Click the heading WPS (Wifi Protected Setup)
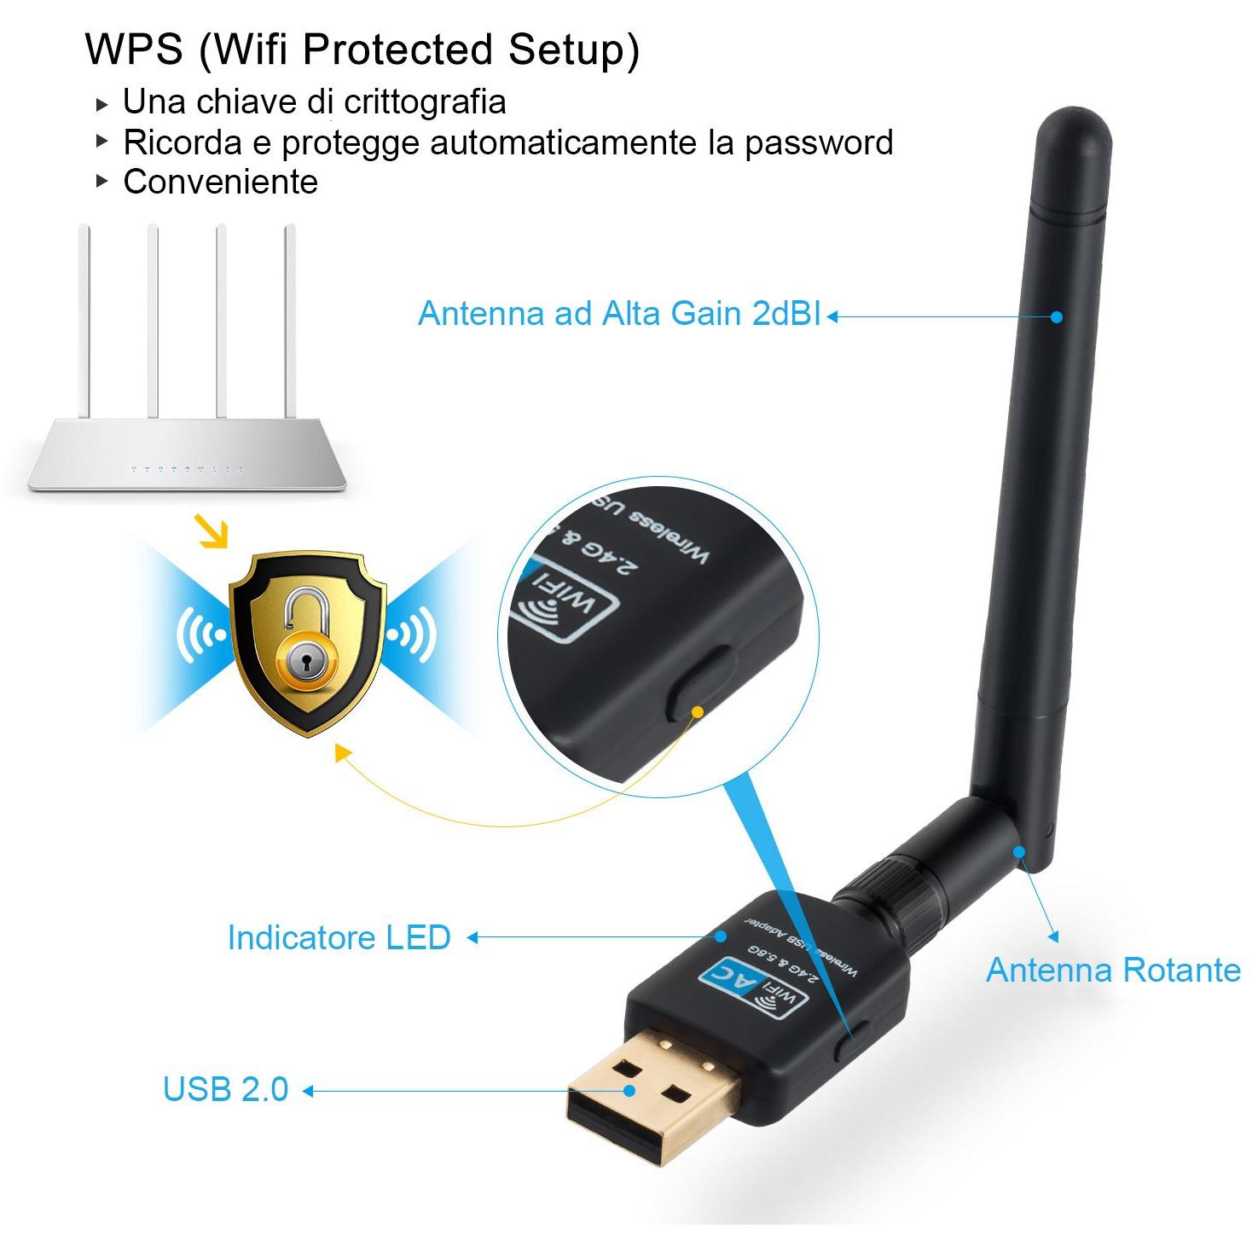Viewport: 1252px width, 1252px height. [x=362, y=49]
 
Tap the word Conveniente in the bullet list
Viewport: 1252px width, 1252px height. [x=220, y=182]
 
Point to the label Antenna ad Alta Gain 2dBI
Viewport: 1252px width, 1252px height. [x=618, y=314]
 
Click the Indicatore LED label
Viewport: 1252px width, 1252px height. [x=339, y=937]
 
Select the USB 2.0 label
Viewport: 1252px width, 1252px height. [x=225, y=1089]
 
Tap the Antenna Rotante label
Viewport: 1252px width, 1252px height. [x=1113, y=970]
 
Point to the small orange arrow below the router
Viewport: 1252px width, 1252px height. [x=212, y=530]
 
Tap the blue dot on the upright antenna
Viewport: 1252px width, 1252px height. [x=1057, y=316]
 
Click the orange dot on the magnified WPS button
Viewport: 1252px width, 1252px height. [x=698, y=711]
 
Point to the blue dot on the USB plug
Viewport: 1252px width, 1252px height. [x=629, y=1090]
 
